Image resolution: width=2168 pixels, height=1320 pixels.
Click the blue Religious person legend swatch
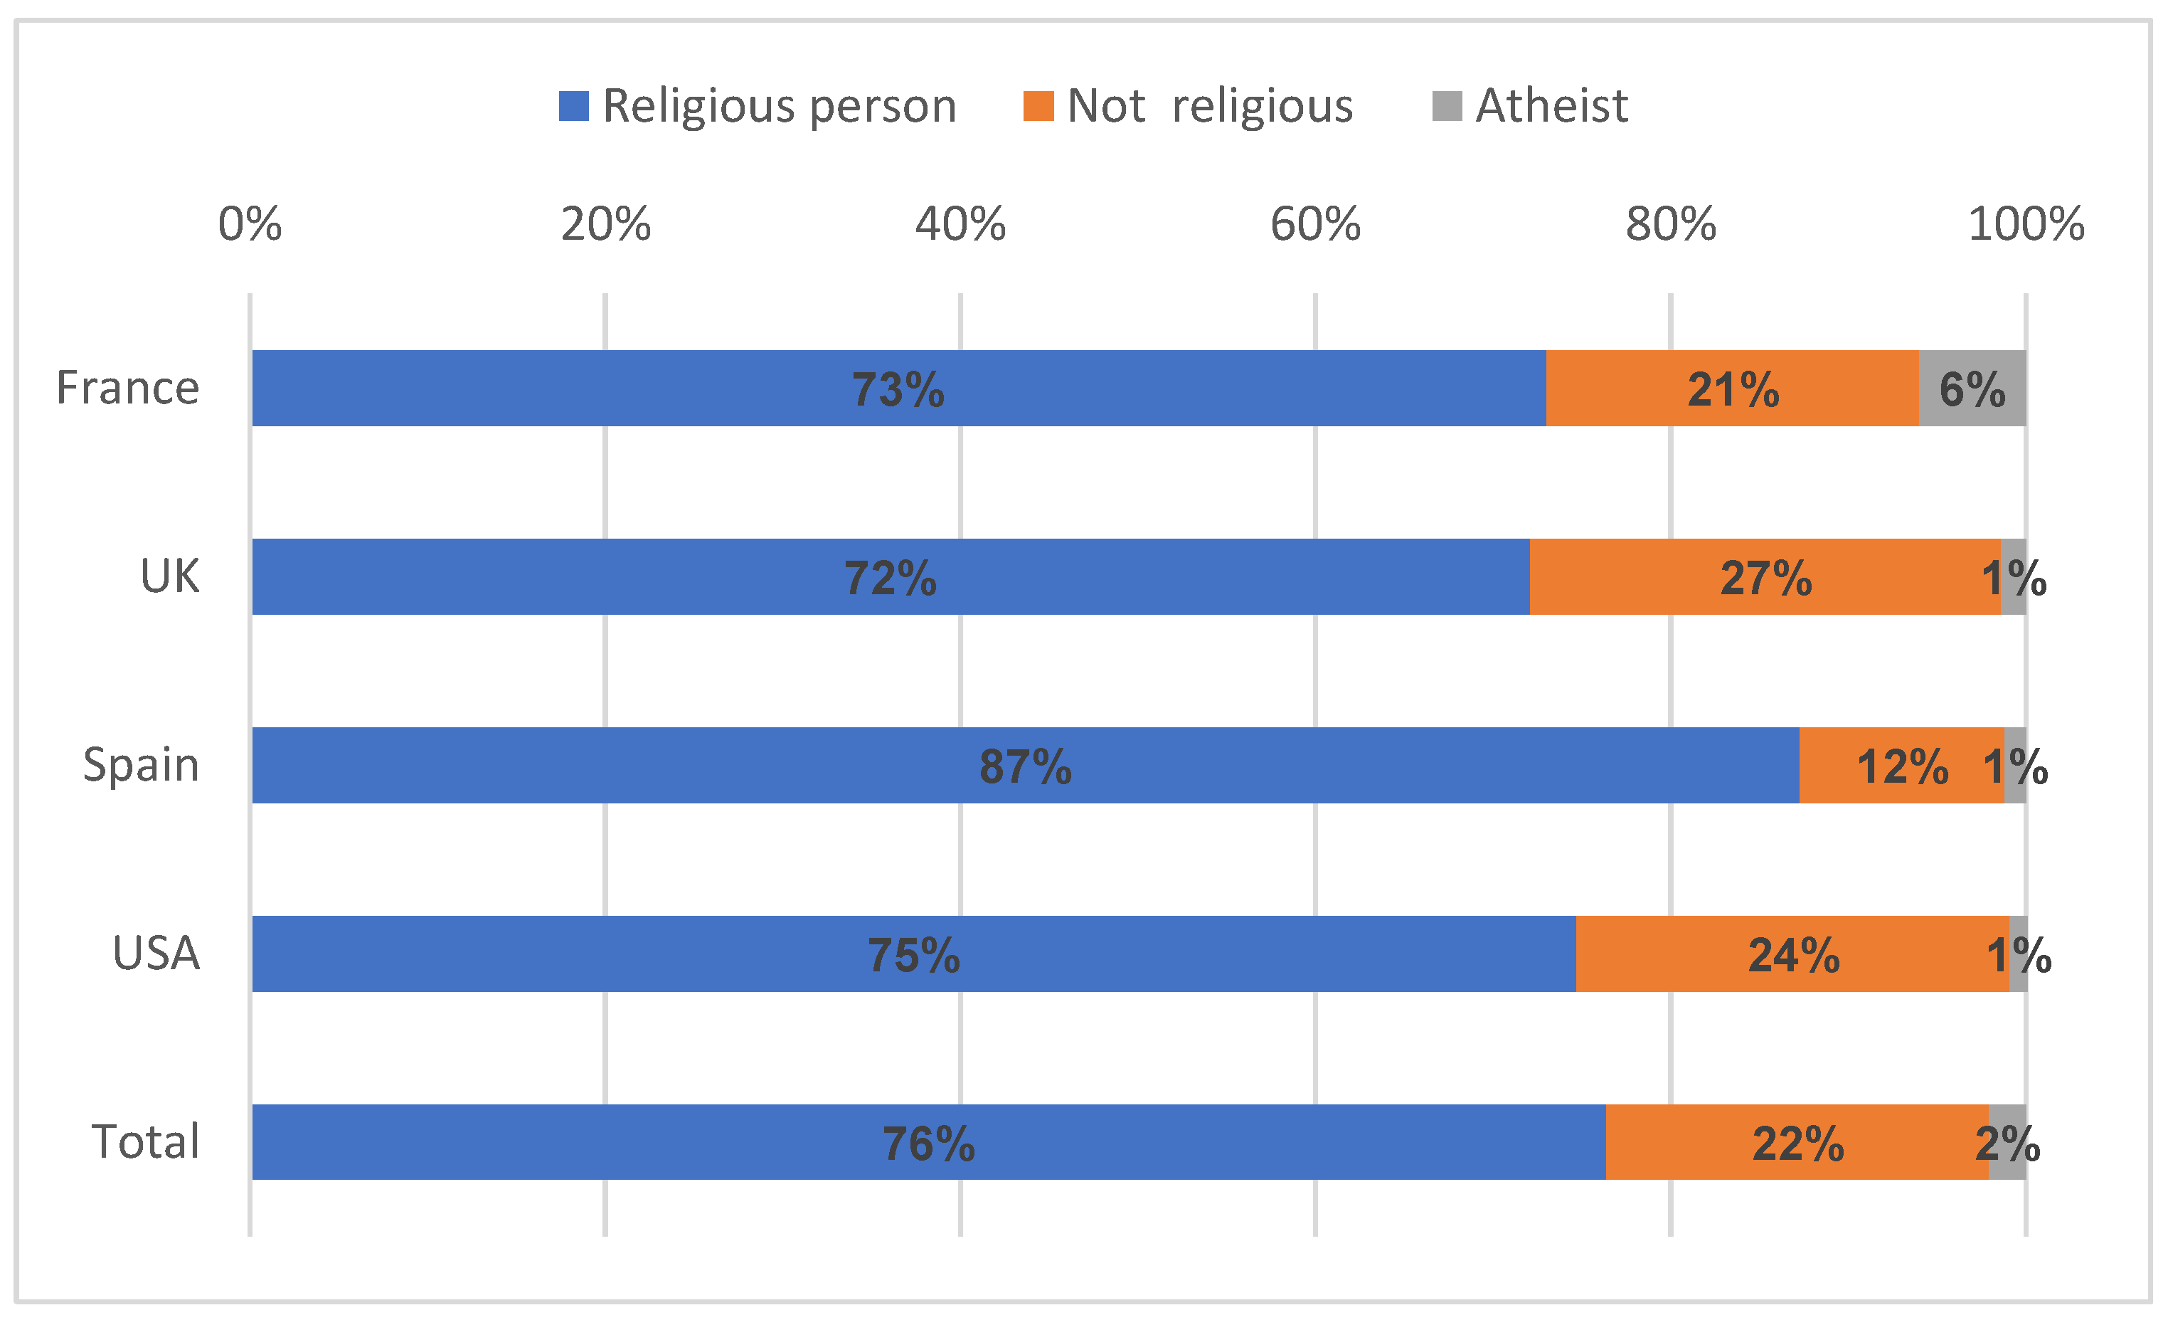click(x=574, y=107)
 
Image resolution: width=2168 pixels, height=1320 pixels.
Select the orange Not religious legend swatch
click(x=1038, y=107)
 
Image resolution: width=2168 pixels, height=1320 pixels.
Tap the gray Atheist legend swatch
click(x=1447, y=107)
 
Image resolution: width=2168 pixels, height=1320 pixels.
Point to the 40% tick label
click(x=960, y=224)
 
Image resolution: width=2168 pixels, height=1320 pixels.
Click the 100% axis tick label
click(x=2026, y=224)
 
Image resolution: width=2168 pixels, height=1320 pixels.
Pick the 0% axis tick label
click(x=250, y=224)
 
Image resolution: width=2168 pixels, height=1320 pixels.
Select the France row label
click(x=127, y=388)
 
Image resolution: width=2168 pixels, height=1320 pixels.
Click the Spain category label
click(x=141, y=765)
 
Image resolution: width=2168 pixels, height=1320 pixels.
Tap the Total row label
click(x=146, y=1141)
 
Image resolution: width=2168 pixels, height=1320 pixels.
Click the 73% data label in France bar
click(x=898, y=390)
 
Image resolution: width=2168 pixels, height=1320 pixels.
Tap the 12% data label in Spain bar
click(x=1902, y=766)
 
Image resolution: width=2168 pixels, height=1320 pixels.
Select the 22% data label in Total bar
click(x=1797, y=1144)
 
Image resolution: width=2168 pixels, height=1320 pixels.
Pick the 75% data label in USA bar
click(x=913, y=956)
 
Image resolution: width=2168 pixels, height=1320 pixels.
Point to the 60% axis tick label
click(x=1314, y=224)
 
